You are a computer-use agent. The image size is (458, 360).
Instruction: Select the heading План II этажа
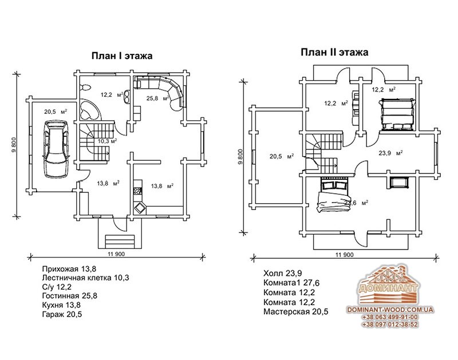pyautogui.click(x=335, y=53)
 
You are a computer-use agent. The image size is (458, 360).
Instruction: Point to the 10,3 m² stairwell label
pyautogui.click(x=107, y=140)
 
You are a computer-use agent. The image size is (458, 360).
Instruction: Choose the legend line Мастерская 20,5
pyautogui.click(x=296, y=312)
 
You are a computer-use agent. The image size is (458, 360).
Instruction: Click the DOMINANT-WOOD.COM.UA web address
pyautogui.click(x=390, y=309)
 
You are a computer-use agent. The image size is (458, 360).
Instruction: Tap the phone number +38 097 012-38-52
pyautogui.click(x=390, y=325)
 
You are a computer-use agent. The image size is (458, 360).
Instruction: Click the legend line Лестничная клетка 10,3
pyautogui.click(x=85, y=278)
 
